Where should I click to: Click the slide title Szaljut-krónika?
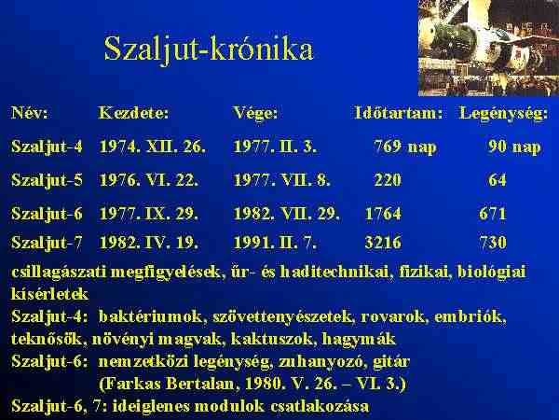point(209,49)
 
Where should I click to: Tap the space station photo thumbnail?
point(488,48)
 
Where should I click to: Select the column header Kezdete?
point(133,113)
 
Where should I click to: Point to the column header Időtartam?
point(399,113)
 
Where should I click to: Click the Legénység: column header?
point(504,114)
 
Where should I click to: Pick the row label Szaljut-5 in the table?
point(47,180)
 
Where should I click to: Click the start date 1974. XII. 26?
point(153,147)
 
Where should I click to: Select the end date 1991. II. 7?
point(275,243)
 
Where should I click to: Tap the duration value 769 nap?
point(405,147)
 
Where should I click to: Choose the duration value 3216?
point(383,243)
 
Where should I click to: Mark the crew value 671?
point(493,214)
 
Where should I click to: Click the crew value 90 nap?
point(514,147)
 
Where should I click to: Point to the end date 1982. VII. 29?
point(286,214)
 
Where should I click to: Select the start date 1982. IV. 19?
point(148,243)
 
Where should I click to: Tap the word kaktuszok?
point(273,339)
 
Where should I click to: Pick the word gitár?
point(391,362)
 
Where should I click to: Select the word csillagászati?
point(59,273)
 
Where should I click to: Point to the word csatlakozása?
point(320,406)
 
